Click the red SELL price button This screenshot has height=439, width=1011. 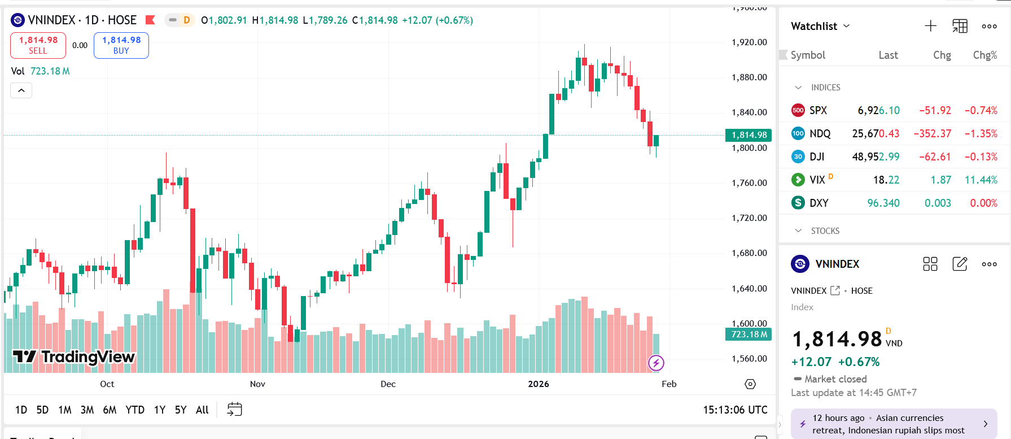pos(38,45)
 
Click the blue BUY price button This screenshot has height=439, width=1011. pos(121,45)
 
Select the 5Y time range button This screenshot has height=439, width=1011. pos(181,410)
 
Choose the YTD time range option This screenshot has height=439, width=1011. pos(135,410)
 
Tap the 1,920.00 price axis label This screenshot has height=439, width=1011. pos(749,42)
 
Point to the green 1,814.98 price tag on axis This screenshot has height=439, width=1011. pos(749,135)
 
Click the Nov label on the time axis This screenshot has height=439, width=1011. pos(257,384)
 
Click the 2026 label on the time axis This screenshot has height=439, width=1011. pos(539,384)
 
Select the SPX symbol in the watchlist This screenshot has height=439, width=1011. pos(818,111)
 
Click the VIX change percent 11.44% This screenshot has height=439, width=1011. pos(981,180)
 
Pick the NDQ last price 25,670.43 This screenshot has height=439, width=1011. pos(876,134)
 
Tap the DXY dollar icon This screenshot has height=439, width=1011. pos(798,203)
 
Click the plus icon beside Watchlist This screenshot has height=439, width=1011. pos(930,26)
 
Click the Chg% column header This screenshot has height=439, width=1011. pos(984,55)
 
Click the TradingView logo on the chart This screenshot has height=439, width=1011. pos(74,357)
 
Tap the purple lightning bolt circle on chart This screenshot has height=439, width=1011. pos(656,363)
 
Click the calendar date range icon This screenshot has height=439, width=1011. pos(234,410)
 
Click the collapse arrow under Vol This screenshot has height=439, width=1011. pos(21,90)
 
